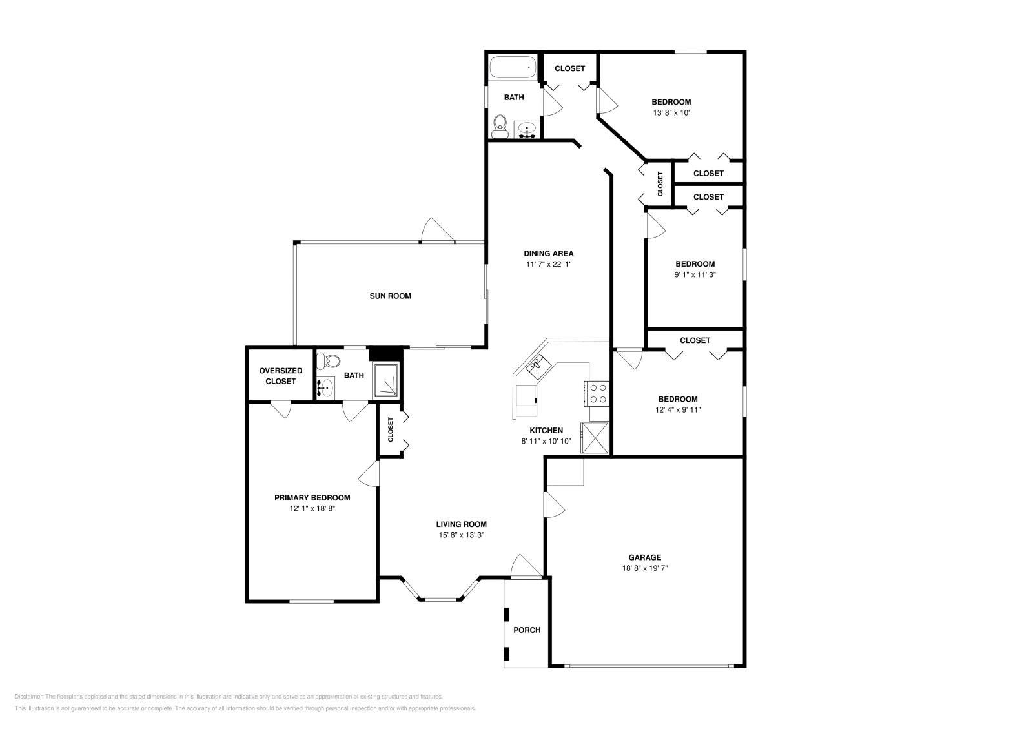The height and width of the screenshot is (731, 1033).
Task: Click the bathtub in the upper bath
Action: (513, 67)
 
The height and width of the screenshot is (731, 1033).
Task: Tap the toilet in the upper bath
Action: (500, 127)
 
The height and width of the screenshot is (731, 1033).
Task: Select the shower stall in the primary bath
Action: (385, 380)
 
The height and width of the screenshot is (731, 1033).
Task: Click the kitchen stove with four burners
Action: (597, 393)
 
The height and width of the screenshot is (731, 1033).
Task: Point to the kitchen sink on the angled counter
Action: (538, 367)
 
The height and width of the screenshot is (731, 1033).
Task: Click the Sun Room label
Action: (390, 296)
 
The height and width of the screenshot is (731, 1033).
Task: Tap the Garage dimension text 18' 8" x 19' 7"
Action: (645, 568)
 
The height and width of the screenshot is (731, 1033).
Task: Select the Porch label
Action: (527, 630)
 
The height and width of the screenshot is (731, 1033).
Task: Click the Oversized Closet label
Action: (280, 376)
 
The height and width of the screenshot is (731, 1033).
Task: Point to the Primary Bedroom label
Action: (312, 498)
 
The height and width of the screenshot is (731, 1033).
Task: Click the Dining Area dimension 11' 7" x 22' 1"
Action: (549, 264)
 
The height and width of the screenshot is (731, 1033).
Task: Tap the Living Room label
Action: (462, 524)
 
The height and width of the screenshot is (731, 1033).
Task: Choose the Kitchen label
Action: (546, 430)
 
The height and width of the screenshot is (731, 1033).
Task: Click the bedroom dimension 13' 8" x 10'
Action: (671, 112)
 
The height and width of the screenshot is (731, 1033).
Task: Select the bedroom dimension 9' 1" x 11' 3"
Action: (695, 274)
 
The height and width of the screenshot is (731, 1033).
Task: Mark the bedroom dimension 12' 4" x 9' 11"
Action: (678, 409)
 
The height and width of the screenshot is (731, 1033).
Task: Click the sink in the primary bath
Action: (326, 387)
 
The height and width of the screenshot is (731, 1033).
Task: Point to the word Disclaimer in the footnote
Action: (29, 696)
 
